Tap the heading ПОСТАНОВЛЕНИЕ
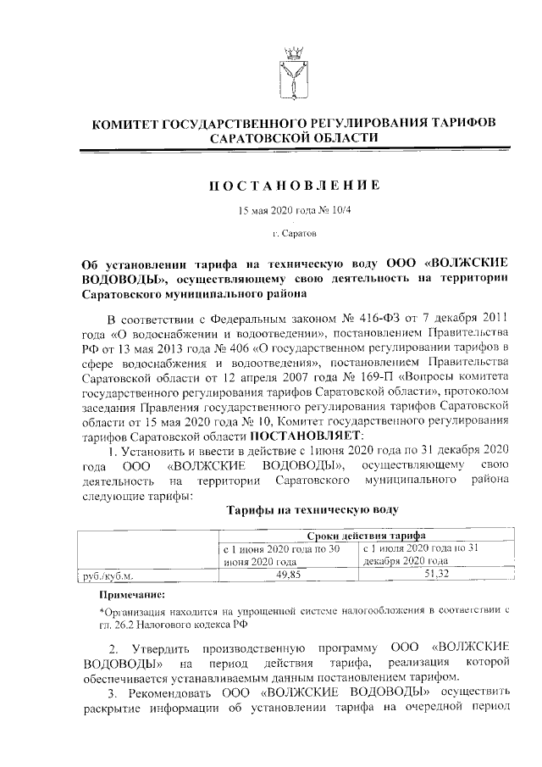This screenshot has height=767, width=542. tap(294, 185)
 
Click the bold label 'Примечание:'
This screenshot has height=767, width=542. tap(128, 595)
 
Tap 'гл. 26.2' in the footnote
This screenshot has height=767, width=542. tap(119, 624)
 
